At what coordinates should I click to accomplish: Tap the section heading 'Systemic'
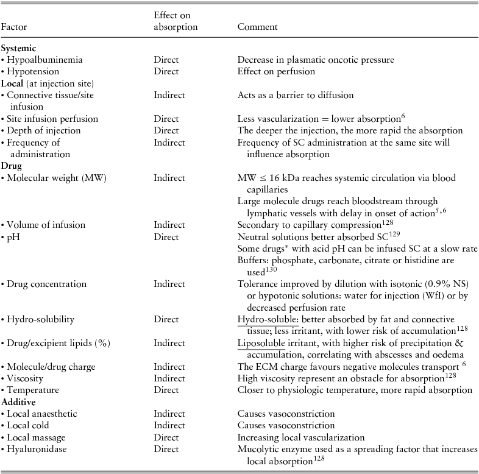pyautogui.click(x=17, y=49)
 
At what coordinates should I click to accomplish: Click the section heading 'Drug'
pyautogui.click(x=10, y=166)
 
